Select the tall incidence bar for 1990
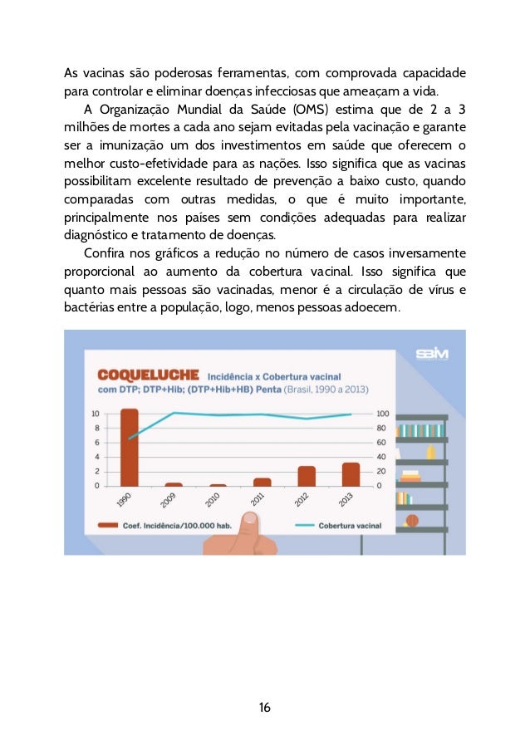pos(129,447)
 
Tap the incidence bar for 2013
pos(351,474)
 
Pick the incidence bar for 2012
pos(307,476)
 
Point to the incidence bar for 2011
pos(263,481)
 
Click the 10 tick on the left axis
pos(96,413)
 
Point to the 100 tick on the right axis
pos(382,413)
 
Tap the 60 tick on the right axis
pos(380,442)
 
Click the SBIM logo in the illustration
pos(432,354)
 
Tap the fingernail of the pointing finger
pos(248,520)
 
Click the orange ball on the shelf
pos(412,522)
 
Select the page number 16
pos(264,708)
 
